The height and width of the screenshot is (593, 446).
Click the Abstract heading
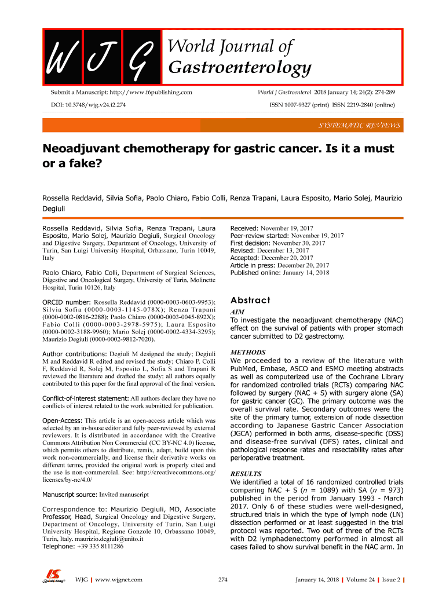click(250, 300)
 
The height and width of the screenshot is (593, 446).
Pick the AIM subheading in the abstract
click(237, 312)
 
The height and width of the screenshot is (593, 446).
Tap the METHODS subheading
click(248, 352)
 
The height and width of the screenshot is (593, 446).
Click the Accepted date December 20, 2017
click(288, 258)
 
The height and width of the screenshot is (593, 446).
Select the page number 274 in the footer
click(222, 580)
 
